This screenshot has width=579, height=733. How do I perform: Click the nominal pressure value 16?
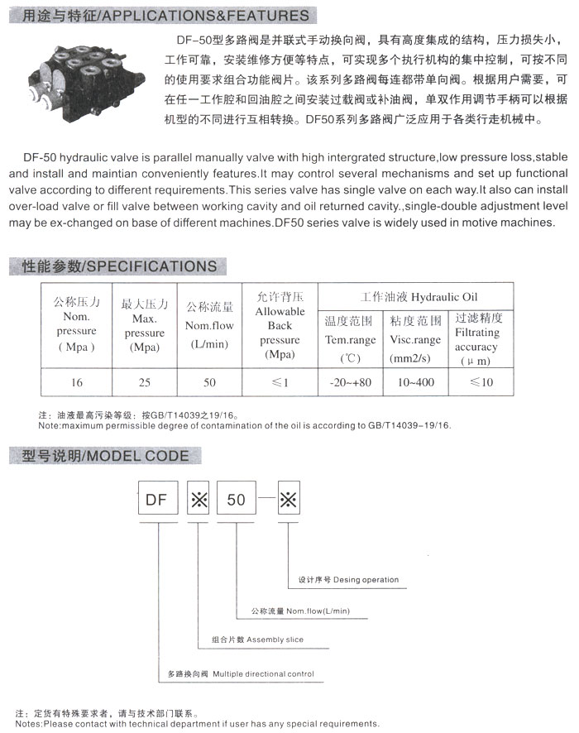click(x=77, y=382)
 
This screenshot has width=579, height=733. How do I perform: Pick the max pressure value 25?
click(x=145, y=382)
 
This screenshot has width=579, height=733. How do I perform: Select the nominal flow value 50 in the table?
click(x=209, y=382)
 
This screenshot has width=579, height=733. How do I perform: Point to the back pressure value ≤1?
click(x=280, y=382)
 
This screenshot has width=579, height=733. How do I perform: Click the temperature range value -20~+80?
click(x=350, y=382)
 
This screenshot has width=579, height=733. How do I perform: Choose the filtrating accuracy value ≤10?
click(x=480, y=382)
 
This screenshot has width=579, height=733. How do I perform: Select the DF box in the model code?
click(x=157, y=500)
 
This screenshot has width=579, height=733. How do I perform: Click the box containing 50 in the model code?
click(x=237, y=500)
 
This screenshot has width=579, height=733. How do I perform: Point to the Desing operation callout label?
click(x=348, y=580)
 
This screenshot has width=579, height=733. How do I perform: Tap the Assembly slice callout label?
click(x=257, y=640)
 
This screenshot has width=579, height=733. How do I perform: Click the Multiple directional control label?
click(x=241, y=674)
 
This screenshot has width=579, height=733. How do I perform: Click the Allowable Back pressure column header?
click(x=280, y=326)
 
